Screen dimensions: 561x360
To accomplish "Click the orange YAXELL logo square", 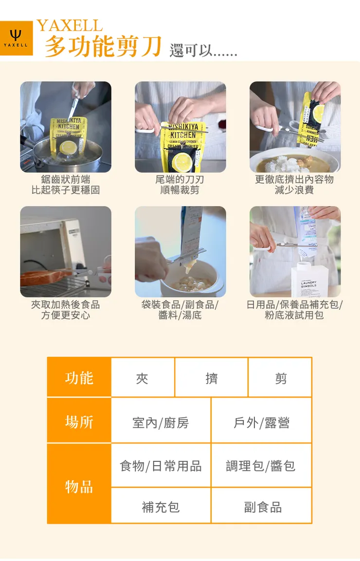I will click(x=16, y=38).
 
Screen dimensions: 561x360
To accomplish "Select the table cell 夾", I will click(x=142, y=378).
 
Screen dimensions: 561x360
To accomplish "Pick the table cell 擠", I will click(x=211, y=378).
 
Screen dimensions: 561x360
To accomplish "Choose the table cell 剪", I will click(x=281, y=378).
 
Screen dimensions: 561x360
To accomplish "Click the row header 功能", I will click(x=79, y=378).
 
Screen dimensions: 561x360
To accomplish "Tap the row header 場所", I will click(x=79, y=421).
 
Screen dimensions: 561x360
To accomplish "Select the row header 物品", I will click(x=79, y=486).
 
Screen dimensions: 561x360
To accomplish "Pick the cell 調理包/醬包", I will click(x=261, y=466).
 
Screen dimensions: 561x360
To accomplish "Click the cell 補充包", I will click(x=161, y=507).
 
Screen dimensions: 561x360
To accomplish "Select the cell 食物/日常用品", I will click(x=161, y=466).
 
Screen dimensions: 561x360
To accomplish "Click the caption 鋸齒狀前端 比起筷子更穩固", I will click(x=65, y=185).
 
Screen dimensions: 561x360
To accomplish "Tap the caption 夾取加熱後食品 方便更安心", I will click(x=65, y=310).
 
